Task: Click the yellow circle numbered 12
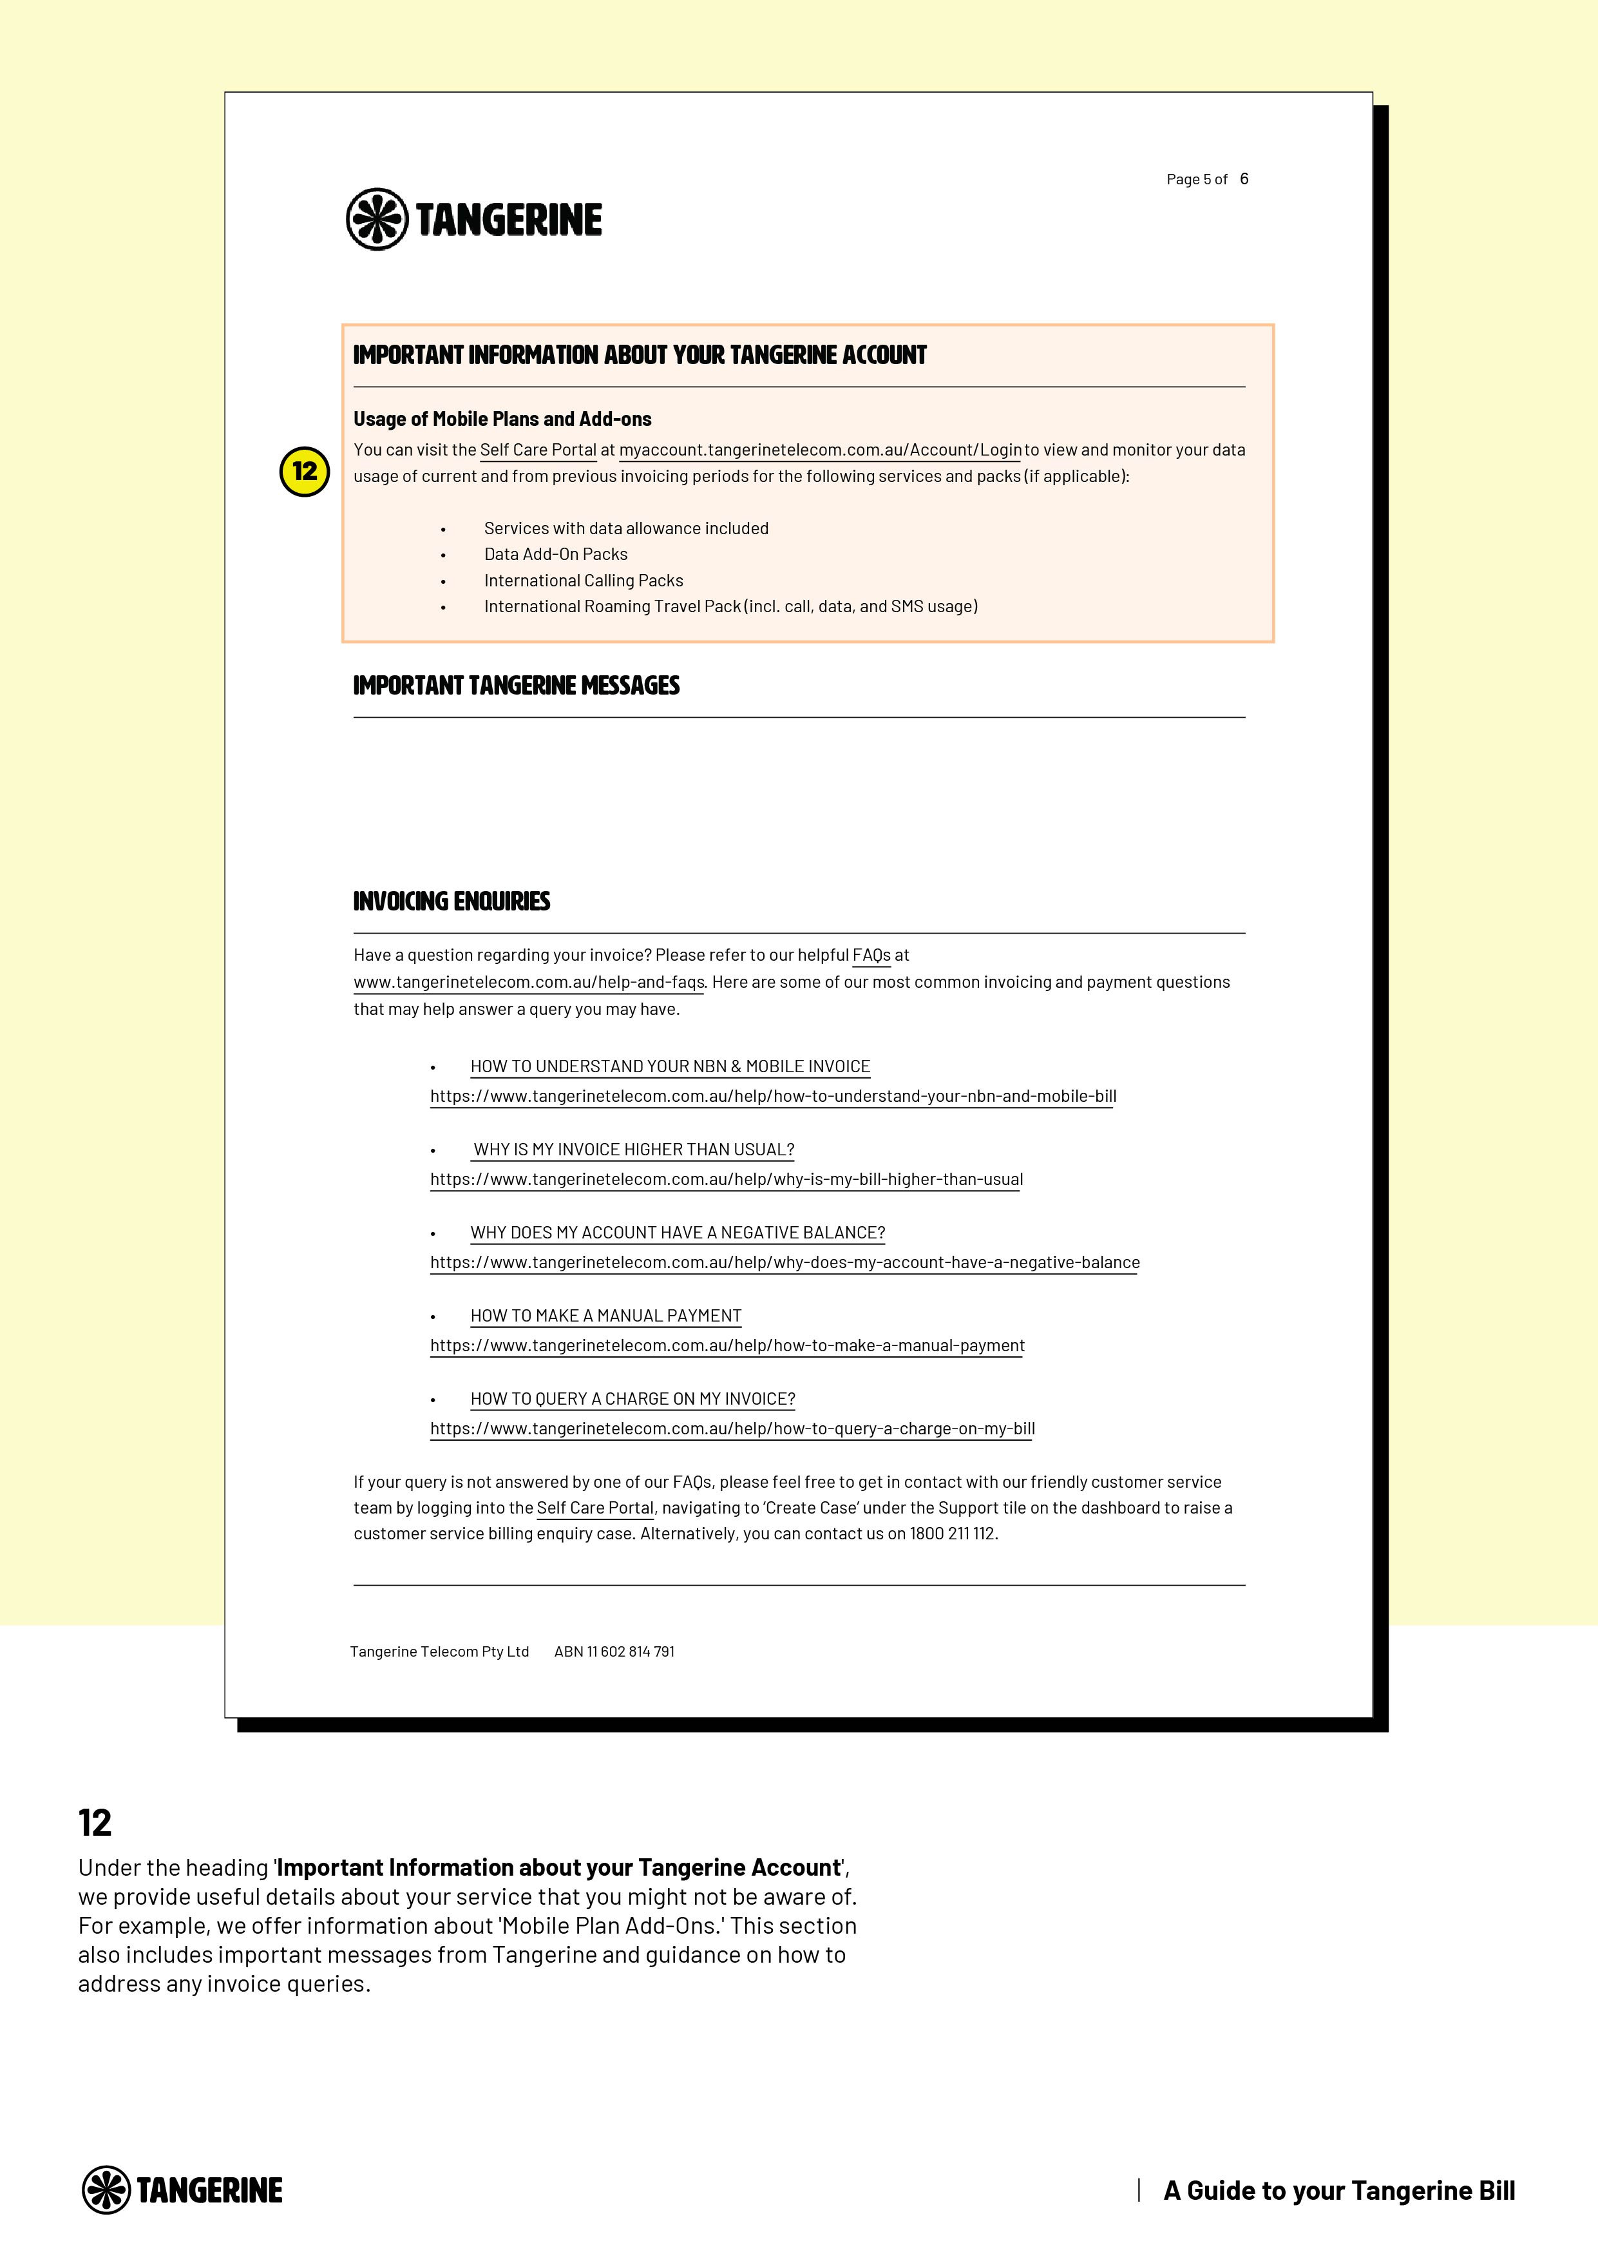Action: click(x=304, y=472)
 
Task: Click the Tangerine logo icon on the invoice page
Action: click(x=376, y=218)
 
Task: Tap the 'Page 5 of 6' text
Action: click(x=1206, y=179)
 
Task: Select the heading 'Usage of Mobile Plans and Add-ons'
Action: click(x=502, y=419)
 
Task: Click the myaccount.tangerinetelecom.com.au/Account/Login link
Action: click(x=820, y=450)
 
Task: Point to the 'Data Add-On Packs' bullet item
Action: click(x=555, y=554)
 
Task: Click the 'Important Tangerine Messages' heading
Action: click(x=516, y=686)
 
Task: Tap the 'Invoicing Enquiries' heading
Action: click(x=451, y=901)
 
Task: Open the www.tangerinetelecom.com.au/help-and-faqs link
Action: click(x=529, y=982)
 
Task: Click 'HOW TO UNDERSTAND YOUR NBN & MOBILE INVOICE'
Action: click(x=669, y=1066)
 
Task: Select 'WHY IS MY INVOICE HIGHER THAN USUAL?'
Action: click(x=633, y=1150)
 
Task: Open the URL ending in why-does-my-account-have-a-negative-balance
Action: click(x=785, y=1262)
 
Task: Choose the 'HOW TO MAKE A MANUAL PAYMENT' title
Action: click(x=605, y=1316)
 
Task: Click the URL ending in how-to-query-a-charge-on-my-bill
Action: click(x=732, y=1429)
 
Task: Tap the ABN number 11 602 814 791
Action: click(x=614, y=1651)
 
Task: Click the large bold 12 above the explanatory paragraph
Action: click(x=95, y=1823)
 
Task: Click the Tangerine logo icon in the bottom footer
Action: click(x=106, y=2190)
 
